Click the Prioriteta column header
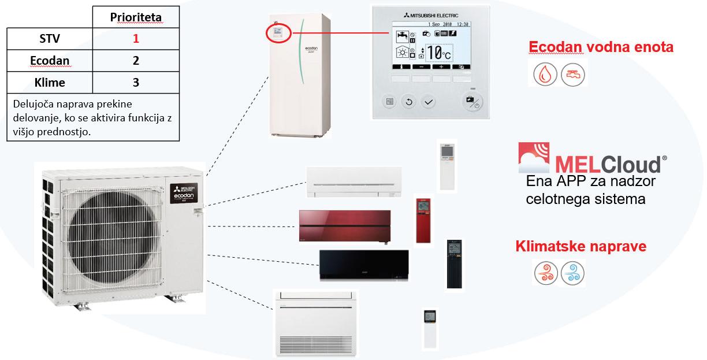[136, 18]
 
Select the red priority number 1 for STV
[136, 39]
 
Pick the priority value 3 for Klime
[136, 82]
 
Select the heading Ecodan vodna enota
[601, 47]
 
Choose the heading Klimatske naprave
[581, 247]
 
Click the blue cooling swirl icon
[572, 272]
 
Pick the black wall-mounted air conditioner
[364, 265]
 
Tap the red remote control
[423, 221]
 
